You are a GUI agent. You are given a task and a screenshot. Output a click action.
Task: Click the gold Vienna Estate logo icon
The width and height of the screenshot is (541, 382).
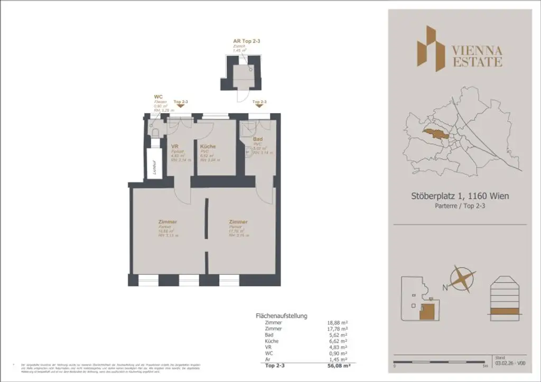430,48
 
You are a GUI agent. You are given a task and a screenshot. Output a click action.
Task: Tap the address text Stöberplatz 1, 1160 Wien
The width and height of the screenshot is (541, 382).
460,197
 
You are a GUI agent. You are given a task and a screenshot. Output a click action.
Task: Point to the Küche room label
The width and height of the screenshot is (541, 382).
208,146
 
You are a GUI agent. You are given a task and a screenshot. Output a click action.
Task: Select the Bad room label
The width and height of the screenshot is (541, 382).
258,139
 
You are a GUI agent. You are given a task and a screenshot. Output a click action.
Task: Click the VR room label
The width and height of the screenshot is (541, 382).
175,146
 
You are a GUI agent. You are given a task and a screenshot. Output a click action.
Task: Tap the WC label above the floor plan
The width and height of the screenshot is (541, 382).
157,97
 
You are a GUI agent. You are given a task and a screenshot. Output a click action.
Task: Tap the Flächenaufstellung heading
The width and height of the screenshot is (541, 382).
281,315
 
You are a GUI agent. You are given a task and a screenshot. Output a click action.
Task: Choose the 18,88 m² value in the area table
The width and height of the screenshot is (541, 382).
337,322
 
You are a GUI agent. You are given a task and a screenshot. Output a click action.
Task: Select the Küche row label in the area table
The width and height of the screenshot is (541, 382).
272,341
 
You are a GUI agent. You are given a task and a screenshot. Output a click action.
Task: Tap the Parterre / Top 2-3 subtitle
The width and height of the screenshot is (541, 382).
460,207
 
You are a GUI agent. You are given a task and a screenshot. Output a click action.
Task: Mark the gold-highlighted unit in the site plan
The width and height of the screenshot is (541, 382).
427,310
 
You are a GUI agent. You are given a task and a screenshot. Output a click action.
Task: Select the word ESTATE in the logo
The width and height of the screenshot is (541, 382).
477,62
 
